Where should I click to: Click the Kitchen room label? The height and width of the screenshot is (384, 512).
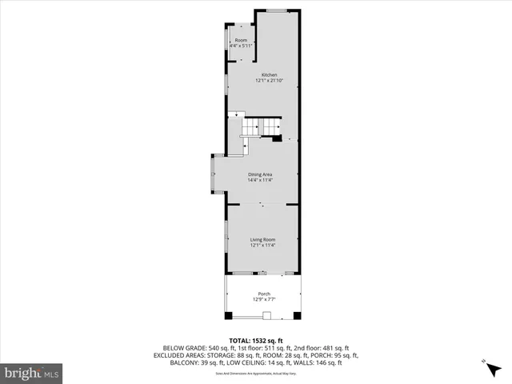(x=263, y=74)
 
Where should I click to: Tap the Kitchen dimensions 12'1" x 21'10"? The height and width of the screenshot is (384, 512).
(x=263, y=80)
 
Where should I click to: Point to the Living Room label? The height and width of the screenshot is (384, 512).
(x=262, y=239)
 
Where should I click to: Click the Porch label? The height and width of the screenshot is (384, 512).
(x=263, y=294)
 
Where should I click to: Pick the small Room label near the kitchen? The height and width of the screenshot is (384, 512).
(x=241, y=40)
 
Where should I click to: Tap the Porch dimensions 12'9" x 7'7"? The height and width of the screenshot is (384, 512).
(x=263, y=299)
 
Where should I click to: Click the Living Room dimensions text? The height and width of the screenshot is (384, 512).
(x=262, y=245)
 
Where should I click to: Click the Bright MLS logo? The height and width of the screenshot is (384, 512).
(x=32, y=373)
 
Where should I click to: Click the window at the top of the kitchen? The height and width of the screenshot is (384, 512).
(x=277, y=10)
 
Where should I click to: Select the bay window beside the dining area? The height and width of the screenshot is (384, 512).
(x=213, y=174)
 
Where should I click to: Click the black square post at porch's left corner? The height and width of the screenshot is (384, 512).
(x=229, y=314)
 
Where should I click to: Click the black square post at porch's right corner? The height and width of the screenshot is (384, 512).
(x=297, y=314)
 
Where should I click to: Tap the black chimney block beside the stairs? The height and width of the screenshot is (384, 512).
(x=277, y=138)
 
